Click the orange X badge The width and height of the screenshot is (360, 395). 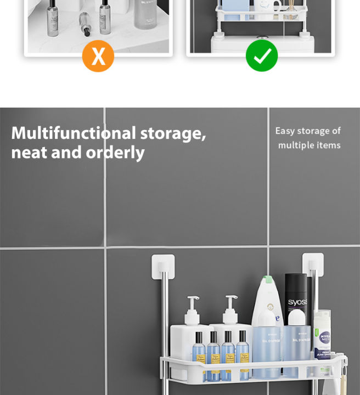(98, 56)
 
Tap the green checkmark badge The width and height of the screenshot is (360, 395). (262, 56)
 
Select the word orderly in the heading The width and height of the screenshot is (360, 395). (115, 153)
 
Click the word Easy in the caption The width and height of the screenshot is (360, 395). (285, 131)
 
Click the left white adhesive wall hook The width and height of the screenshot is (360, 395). (163, 266)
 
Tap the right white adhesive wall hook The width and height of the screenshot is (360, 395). (312, 264)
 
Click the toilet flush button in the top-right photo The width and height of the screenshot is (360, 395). (262, 39)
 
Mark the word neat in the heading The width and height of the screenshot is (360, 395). (30, 153)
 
